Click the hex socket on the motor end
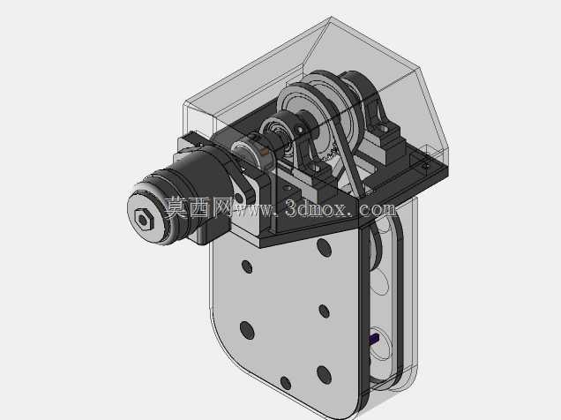coord(144,221)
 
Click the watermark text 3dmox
coord(316,208)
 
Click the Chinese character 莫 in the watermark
coord(176,207)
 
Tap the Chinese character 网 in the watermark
coord(222,207)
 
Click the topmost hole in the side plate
coord(324,247)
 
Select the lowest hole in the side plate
coord(286,383)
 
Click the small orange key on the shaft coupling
coord(265,152)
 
